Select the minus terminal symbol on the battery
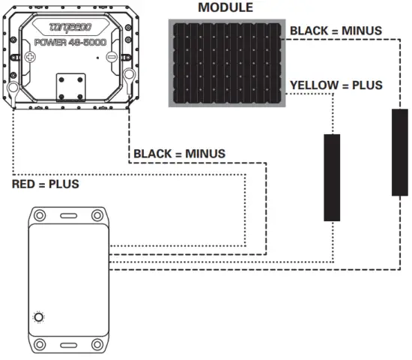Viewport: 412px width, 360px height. point(111,57)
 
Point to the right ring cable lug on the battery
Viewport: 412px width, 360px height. point(129,75)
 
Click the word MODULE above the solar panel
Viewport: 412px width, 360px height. point(225,7)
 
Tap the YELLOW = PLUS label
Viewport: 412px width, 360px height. point(336,85)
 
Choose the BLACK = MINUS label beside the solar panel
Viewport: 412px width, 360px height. point(336,31)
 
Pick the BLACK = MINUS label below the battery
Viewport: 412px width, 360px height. point(179,154)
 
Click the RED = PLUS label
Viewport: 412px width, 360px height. point(45,184)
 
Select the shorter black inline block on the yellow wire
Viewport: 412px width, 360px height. point(332,178)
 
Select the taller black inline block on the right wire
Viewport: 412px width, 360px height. point(400,152)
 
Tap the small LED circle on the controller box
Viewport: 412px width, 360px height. point(39,317)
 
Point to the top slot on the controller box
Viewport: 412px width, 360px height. point(67,215)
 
